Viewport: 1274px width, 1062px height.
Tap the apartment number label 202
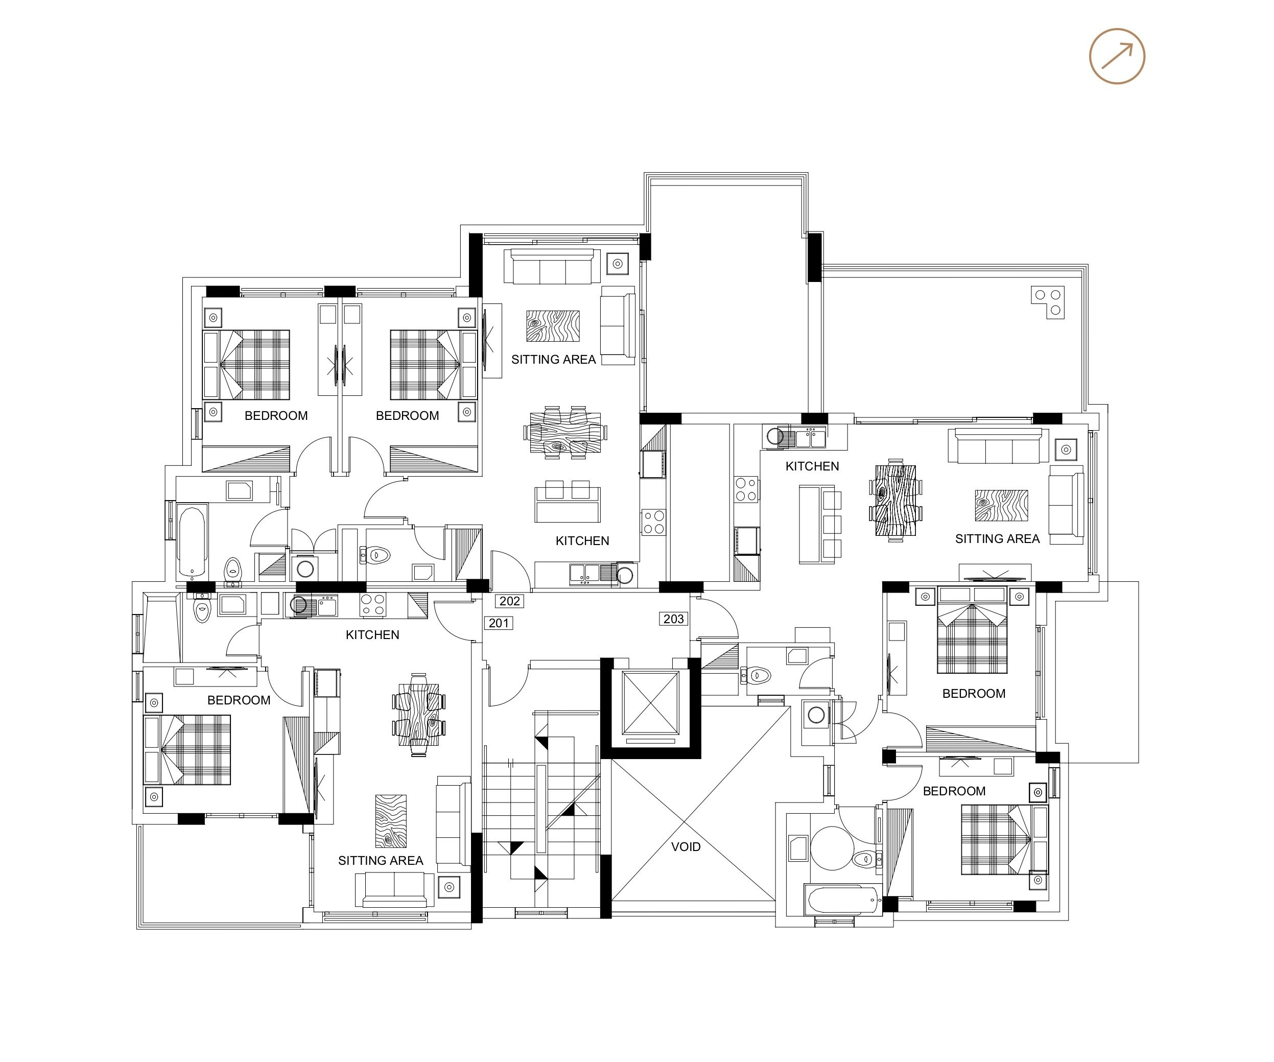click(x=510, y=601)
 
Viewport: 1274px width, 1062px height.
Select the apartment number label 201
click(x=499, y=623)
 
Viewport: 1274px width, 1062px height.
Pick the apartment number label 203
click(x=673, y=619)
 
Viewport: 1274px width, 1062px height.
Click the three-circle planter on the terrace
click(x=1048, y=302)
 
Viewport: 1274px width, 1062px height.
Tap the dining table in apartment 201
click(x=418, y=713)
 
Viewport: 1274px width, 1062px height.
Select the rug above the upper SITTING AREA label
click(x=553, y=326)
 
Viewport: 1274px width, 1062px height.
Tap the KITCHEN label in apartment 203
click(x=812, y=466)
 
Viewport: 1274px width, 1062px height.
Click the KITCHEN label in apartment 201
click(x=372, y=635)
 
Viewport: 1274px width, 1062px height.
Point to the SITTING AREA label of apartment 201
click(x=381, y=861)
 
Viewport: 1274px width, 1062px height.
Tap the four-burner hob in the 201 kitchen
click(x=372, y=605)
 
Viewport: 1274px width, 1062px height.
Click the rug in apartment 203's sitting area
click(x=1001, y=506)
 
